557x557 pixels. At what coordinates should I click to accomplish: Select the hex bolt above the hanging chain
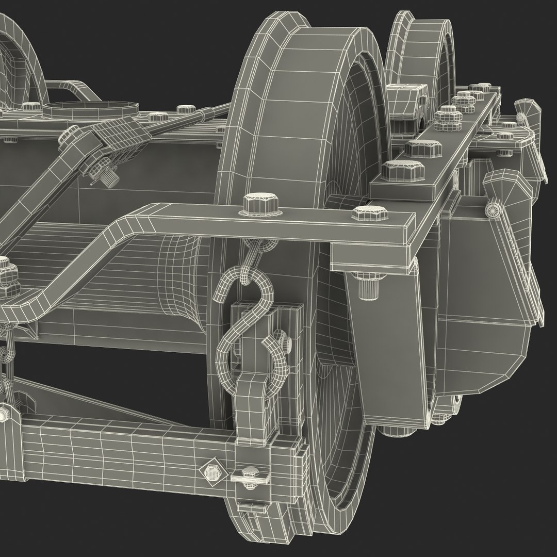(255, 203)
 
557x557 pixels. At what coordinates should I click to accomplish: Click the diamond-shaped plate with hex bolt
(210, 471)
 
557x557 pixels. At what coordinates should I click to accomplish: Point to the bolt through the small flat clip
(250, 473)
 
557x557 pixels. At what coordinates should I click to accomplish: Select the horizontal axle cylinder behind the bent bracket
(103, 268)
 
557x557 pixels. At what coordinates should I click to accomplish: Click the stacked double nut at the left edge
(6, 273)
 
